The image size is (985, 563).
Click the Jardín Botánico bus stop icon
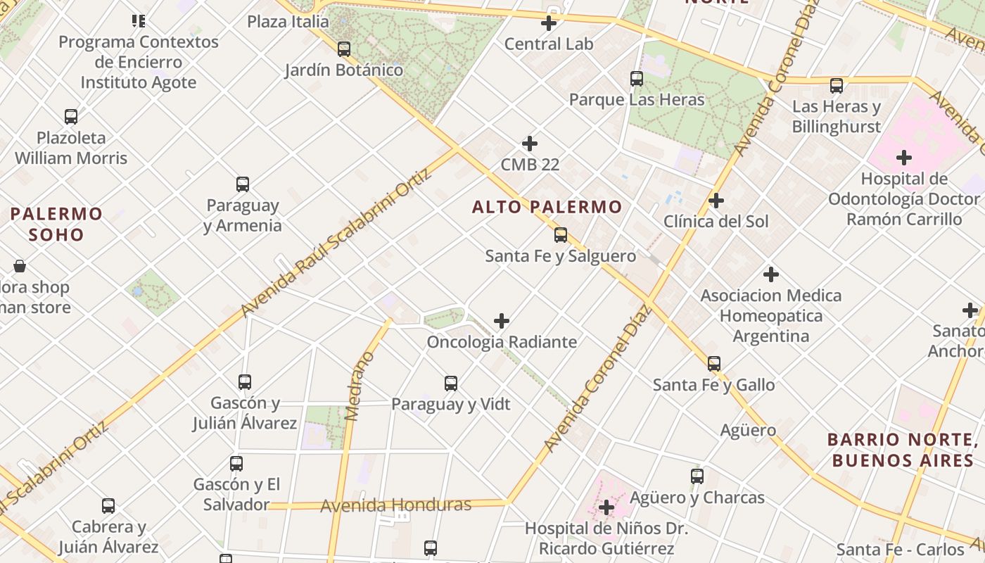coord(344,49)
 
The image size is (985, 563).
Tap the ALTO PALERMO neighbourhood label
coord(547,207)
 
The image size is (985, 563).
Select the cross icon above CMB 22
coord(530,144)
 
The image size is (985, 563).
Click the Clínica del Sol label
coord(716,222)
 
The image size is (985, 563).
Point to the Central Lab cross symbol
coord(549,23)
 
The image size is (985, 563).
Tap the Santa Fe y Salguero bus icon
coord(561,235)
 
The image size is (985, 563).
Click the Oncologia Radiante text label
coord(502,342)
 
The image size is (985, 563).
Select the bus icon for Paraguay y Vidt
coord(451,384)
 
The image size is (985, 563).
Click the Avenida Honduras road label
coord(395,505)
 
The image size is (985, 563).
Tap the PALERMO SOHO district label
coord(56,224)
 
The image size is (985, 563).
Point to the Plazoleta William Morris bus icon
coord(71,117)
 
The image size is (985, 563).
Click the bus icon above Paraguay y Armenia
coord(243,184)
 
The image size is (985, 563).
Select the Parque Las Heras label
coord(636,100)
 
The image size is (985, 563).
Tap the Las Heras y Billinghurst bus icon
coord(837,86)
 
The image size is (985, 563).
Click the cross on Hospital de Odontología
coord(904,158)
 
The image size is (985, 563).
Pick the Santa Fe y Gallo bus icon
coord(714,364)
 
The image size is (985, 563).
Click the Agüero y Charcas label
coord(697,498)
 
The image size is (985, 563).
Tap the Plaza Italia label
coord(288,22)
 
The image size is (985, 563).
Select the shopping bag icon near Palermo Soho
coord(20,266)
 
